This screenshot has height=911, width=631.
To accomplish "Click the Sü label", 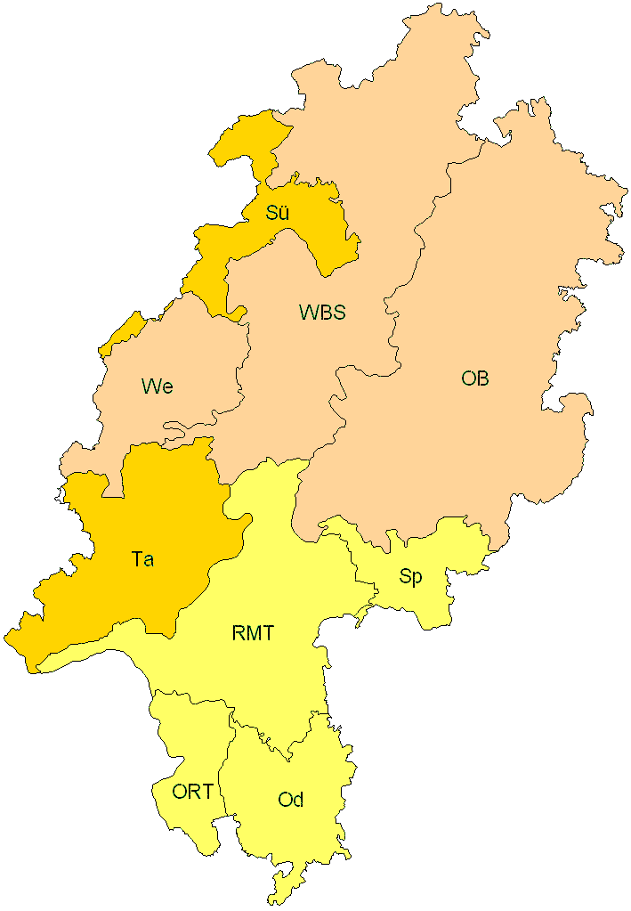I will (277, 213).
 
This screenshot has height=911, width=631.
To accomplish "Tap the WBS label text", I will (322, 313).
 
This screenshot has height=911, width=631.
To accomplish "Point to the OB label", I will (474, 378).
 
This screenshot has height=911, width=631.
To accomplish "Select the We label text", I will (157, 386).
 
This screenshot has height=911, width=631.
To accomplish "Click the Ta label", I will (142, 560).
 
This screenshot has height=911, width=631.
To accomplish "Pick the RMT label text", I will (253, 634).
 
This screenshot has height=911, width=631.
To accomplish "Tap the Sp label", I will (410, 576).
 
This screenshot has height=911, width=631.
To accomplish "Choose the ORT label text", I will (192, 792).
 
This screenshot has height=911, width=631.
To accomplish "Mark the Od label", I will (291, 800).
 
